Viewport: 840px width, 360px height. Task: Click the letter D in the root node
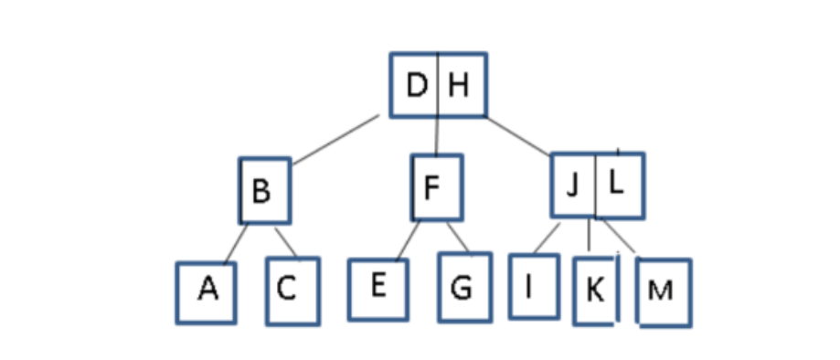tap(416, 87)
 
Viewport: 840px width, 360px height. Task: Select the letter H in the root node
tap(459, 87)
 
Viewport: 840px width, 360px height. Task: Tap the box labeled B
tap(264, 191)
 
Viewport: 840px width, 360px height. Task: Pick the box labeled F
tap(436, 188)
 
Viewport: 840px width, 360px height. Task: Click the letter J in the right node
tap(573, 185)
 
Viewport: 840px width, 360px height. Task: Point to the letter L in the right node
tap(617, 184)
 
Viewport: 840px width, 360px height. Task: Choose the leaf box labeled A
tap(207, 291)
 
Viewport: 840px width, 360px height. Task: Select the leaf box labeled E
tap(377, 288)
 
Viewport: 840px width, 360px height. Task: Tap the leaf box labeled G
tap(463, 289)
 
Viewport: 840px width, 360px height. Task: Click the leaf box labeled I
tap(533, 286)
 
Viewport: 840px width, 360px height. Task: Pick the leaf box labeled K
tap(594, 291)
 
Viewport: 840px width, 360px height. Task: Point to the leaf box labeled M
tap(662, 291)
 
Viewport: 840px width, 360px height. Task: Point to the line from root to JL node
tap(517, 136)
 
